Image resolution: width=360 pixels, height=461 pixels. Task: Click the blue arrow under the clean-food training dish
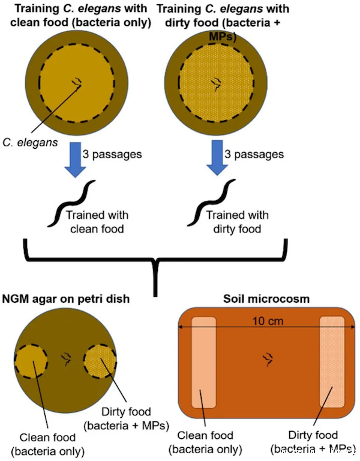(76, 159)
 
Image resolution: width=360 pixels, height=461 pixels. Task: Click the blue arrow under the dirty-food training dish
(217, 158)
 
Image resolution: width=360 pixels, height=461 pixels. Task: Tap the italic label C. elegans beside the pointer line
(31, 143)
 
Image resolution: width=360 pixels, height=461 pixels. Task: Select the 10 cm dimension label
(268, 321)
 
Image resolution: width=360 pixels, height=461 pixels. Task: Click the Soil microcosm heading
(266, 299)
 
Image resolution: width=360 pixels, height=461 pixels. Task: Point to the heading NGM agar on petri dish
(66, 299)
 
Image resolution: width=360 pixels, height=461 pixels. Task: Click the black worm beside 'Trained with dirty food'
(211, 203)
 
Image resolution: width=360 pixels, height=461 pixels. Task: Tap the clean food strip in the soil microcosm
(203, 363)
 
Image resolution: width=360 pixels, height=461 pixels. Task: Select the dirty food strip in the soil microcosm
(332, 362)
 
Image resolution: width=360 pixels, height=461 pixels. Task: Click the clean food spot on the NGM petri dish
(31, 361)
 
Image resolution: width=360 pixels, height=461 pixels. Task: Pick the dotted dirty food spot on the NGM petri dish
(100, 361)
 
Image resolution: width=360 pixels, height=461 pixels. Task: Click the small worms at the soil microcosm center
(268, 359)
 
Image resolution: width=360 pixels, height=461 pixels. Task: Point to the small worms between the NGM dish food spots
(66, 359)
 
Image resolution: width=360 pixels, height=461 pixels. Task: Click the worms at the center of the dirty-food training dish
(217, 84)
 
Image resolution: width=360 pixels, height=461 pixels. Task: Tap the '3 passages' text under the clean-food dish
(112, 154)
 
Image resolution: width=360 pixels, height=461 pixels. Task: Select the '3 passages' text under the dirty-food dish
(254, 154)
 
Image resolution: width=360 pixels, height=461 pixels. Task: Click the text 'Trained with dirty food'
(237, 222)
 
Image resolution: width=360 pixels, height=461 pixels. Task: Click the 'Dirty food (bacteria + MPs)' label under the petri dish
(126, 418)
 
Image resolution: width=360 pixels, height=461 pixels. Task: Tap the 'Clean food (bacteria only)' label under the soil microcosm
(205, 442)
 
